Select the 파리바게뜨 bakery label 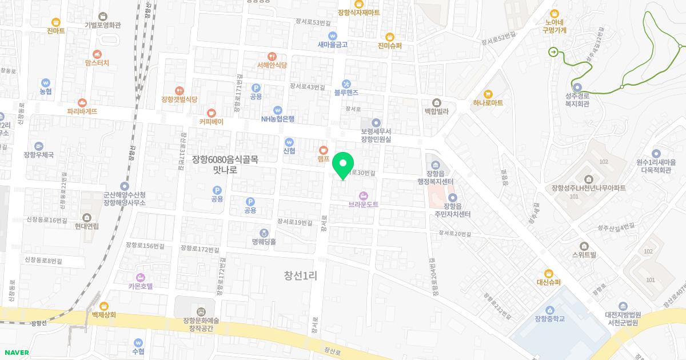(x=82, y=111)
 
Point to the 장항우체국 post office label (x=39, y=155)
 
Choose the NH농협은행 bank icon (x=278, y=110)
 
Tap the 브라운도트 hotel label (x=364, y=204)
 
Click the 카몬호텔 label (x=141, y=286)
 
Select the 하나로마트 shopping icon (x=488, y=94)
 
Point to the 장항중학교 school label (x=546, y=318)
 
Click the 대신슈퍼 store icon (x=549, y=273)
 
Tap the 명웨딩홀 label (x=264, y=242)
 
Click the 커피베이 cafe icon (x=212, y=113)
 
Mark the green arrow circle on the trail (x=553, y=52)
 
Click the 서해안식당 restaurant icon (x=272, y=56)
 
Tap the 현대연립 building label (x=86, y=226)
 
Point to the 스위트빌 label (x=584, y=255)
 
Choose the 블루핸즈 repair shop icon (x=346, y=83)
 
